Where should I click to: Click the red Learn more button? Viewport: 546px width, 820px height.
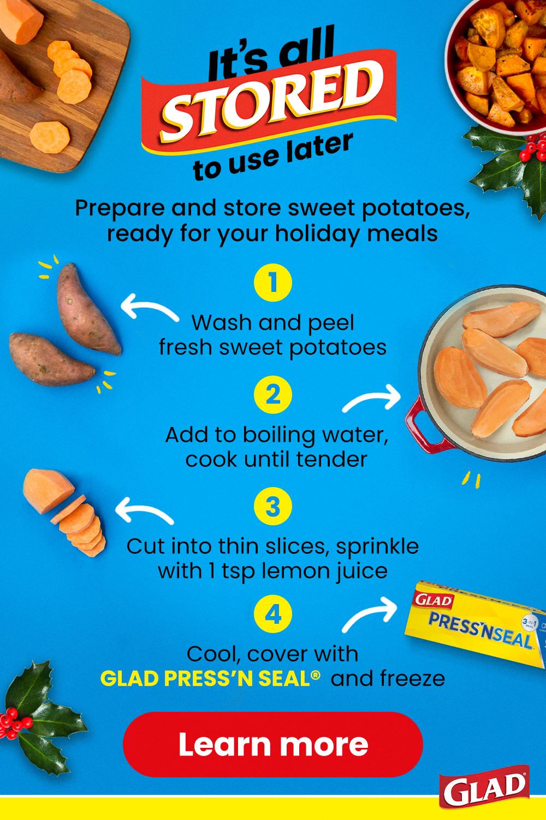pos(273,744)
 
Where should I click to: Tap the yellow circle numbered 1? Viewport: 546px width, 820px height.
pos(273,283)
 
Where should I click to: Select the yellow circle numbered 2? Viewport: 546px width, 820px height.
pos(273,395)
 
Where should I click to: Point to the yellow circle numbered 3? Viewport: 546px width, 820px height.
pos(273,507)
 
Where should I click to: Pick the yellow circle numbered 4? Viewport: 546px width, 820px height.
pos(273,614)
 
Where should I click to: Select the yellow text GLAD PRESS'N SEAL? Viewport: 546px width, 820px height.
pos(210,678)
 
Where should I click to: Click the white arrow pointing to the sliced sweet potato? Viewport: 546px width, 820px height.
pos(144,511)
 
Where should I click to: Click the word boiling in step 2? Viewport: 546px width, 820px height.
pos(278,436)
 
